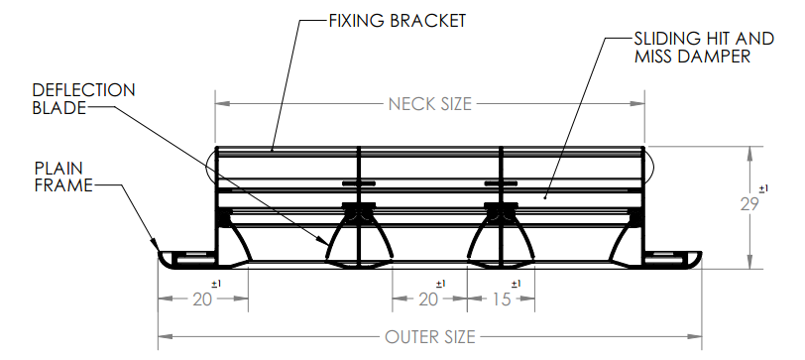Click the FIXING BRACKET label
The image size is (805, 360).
click(x=397, y=21)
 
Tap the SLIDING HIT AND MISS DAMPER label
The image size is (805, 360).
click(x=704, y=48)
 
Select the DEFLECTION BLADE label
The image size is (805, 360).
click(x=83, y=98)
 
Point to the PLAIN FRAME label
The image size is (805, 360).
click(x=63, y=177)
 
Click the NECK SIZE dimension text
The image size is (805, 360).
click(x=429, y=104)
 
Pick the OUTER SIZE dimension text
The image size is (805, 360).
click(x=429, y=337)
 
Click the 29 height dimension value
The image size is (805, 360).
click(x=749, y=204)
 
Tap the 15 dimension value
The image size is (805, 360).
click(x=502, y=300)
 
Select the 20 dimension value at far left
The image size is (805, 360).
click(x=202, y=300)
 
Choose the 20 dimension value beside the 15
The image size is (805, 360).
click(x=428, y=300)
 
